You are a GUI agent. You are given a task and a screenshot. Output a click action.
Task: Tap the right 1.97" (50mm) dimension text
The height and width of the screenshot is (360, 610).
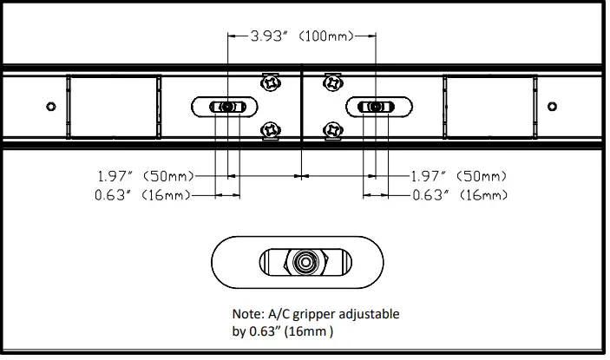click(459, 176)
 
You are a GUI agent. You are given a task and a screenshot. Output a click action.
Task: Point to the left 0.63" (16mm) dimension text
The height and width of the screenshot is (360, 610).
click(142, 195)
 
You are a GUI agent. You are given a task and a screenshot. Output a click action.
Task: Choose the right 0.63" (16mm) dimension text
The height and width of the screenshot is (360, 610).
click(460, 195)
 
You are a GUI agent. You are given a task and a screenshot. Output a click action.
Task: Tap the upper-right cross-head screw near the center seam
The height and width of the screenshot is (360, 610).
click(332, 82)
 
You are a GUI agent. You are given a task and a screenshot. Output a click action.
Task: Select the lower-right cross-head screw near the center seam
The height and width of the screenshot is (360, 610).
click(332, 130)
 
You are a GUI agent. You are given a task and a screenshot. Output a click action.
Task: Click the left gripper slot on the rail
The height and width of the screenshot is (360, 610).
click(225, 107)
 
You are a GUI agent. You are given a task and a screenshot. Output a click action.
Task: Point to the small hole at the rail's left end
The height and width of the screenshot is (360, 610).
click(50, 106)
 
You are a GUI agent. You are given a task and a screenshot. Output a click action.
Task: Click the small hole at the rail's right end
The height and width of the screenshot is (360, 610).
click(552, 106)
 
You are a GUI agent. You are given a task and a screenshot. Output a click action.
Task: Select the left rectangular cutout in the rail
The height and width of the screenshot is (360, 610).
click(114, 106)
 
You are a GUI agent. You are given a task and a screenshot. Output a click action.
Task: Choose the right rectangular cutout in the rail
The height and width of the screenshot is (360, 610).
click(489, 106)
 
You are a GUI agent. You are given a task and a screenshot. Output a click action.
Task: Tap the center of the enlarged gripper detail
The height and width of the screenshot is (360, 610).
click(304, 261)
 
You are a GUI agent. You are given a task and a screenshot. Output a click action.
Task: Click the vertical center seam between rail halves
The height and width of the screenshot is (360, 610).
click(300, 106)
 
